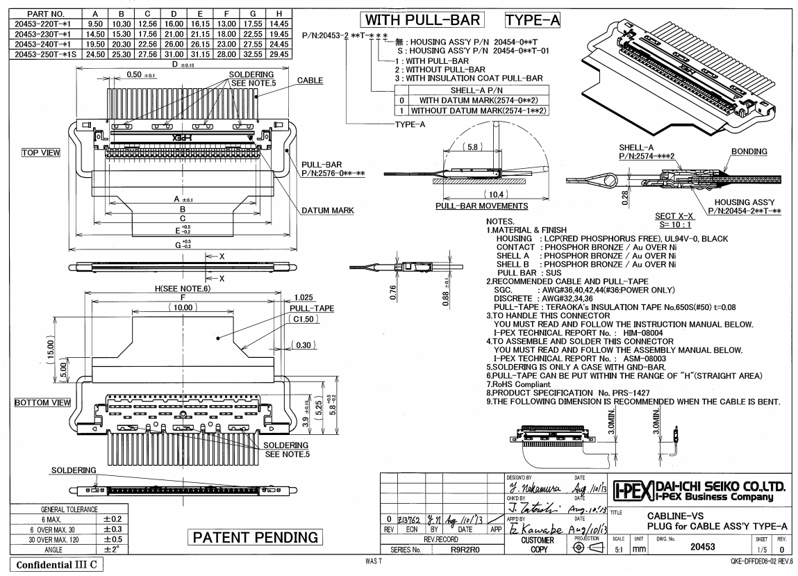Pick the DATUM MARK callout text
pos(327,210)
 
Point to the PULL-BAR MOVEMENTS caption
pos(481,206)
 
